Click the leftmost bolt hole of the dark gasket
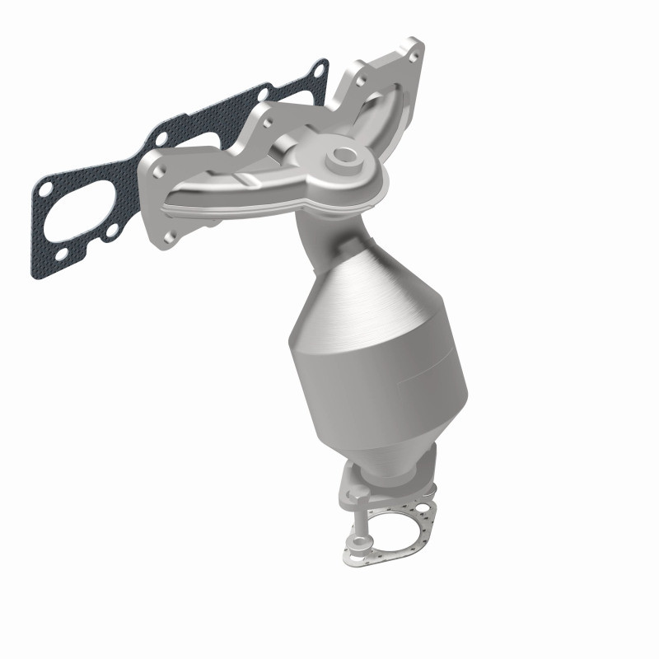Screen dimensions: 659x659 [x=43, y=191]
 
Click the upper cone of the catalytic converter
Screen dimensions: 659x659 [x=362, y=280]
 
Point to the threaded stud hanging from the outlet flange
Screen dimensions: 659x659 [x=360, y=519]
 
